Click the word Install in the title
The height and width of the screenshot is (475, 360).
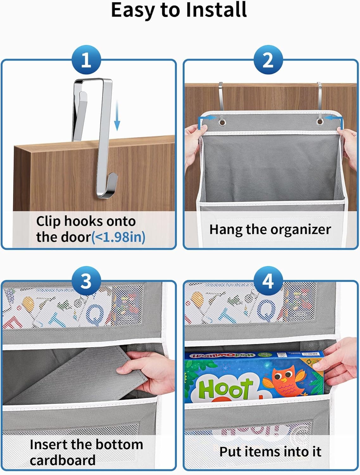[216, 10]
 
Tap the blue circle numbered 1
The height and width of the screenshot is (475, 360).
[86, 60]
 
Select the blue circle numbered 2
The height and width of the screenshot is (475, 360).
[268, 60]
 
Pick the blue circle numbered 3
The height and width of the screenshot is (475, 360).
[86, 281]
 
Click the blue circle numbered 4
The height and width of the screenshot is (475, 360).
[268, 281]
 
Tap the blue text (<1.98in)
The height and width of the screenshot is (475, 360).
[118, 237]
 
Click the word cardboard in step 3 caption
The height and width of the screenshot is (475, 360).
[63, 460]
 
